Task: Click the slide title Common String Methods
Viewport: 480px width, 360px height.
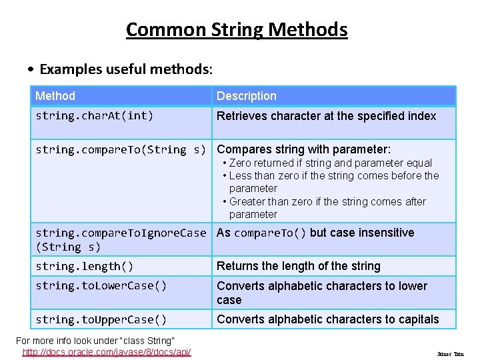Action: (x=237, y=30)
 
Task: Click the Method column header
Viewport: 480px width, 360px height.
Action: (x=55, y=96)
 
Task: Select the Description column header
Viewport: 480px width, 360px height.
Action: (x=247, y=96)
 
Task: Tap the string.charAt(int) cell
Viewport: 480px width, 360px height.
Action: (x=95, y=116)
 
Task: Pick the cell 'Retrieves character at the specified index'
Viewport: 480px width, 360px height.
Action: (x=327, y=116)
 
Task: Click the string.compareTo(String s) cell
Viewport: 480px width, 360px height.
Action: (x=121, y=149)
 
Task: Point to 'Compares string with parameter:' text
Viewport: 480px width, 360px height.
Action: (x=304, y=149)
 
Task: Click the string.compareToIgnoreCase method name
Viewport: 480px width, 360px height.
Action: (x=121, y=233)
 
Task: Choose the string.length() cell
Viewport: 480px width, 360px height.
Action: (x=85, y=267)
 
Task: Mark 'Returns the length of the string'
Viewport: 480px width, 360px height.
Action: (x=299, y=267)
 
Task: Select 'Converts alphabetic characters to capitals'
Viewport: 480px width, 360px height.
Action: (x=328, y=320)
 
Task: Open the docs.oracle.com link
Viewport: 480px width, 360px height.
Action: (x=107, y=351)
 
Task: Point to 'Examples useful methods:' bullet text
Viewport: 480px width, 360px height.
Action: (x=126, y=69)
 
